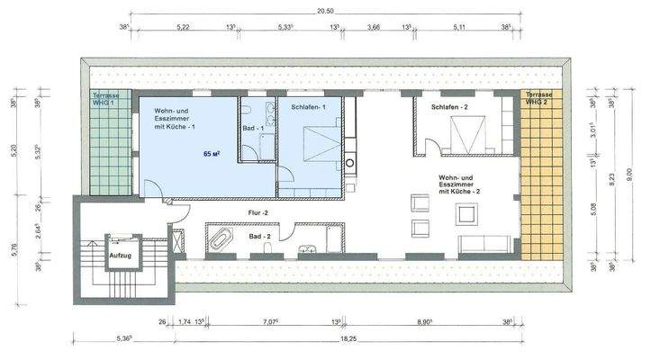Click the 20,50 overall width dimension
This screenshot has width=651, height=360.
point(325,11)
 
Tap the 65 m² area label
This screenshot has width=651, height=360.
point(212,155)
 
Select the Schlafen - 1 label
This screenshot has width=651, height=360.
point(308,107)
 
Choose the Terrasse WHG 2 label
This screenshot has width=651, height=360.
point(541,99)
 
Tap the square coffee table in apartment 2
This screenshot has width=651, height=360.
point(467,214)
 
